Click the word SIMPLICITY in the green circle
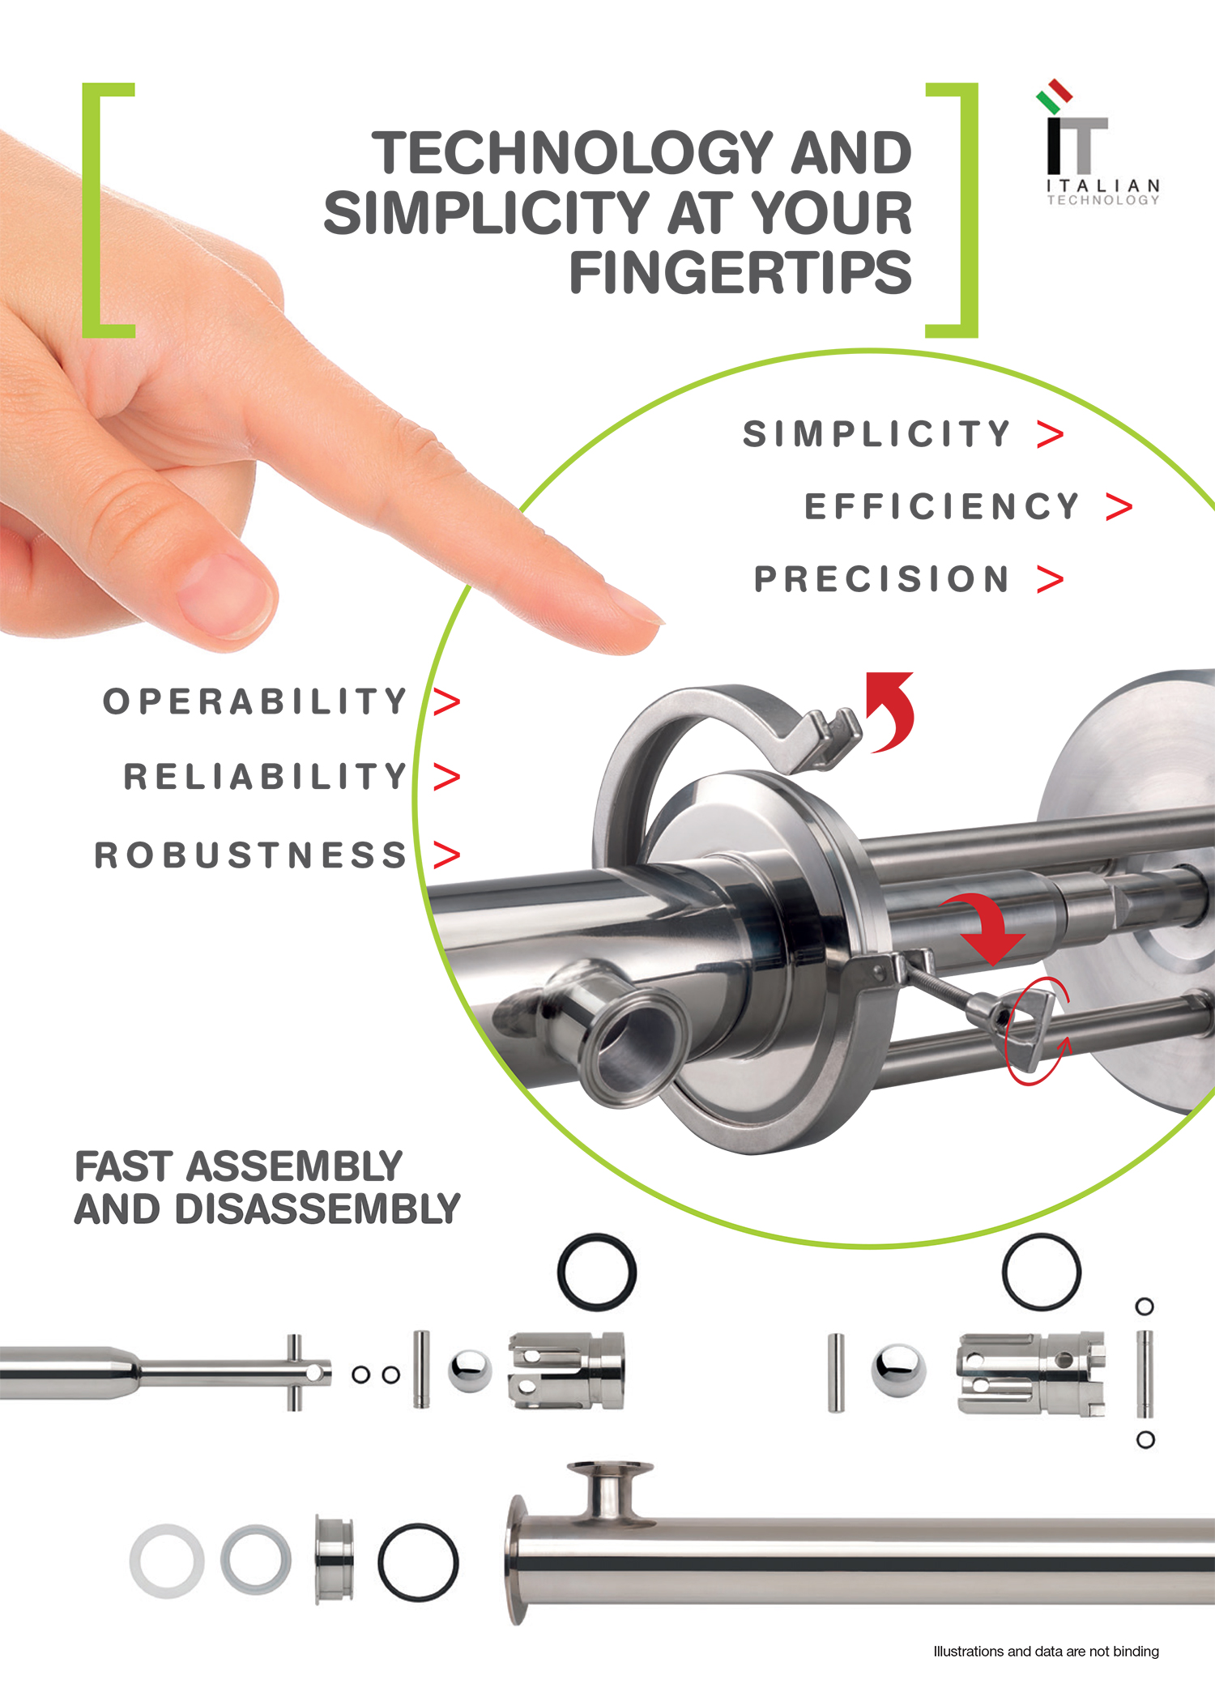pos(876,434)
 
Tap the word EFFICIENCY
pos(941,507)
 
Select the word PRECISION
pos(881,579)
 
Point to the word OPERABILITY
pos(255,701)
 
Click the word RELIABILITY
pos(265,776)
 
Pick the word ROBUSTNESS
pos(250,855)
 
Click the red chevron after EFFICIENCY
pos(1119,507)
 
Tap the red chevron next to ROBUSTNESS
pos(446,855)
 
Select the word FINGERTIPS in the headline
pos(740,272)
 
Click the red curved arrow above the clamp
pos(896,710)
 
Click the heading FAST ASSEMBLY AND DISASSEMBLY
pos(267,1187)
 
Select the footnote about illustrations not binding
pos(1046,1651)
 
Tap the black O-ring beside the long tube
pos(418,1562)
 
